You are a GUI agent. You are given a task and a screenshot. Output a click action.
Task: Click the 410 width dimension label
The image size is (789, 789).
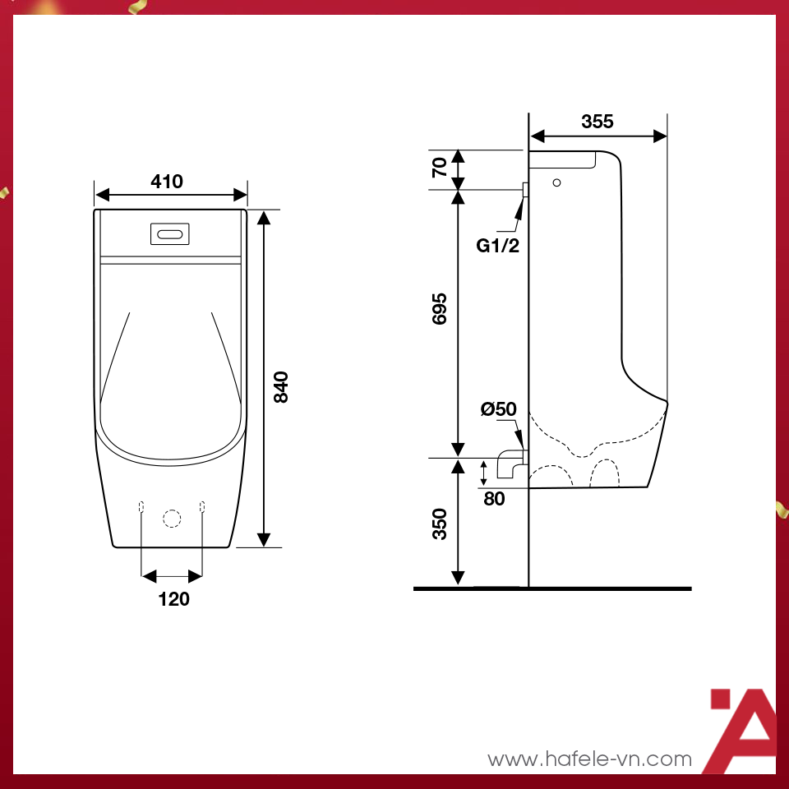[x=167, y=182]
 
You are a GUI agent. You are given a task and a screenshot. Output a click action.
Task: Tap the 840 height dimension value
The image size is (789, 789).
[x=280, y=386]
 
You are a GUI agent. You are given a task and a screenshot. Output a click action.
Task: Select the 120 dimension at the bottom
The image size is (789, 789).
[x=173, y=599]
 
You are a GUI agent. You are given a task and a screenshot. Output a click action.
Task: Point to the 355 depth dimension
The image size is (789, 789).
[x=598, y=122]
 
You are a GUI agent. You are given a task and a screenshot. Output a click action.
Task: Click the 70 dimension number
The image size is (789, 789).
[x=441, y=168]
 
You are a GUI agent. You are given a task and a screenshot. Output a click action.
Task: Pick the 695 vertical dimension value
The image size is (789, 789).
[x=441, y=308]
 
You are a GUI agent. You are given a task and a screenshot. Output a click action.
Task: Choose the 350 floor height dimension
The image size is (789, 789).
[x=441, y=524]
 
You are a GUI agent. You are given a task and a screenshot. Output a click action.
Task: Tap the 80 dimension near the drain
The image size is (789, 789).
[x=494, y=498]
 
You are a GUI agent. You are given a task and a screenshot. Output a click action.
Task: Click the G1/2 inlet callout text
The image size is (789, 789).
[x=498, y=244]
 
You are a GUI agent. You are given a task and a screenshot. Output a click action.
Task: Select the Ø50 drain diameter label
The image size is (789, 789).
[x=499, y=408]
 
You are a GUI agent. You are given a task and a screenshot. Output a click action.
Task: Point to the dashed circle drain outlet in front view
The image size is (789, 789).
[x=171, y=518]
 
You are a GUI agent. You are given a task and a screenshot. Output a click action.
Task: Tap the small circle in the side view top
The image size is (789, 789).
[x=557, y=182]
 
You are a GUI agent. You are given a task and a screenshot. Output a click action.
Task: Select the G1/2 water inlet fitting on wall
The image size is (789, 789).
[x=524, y=190]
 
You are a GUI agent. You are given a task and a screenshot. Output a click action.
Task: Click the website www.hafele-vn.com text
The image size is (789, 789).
[x=589, y=759]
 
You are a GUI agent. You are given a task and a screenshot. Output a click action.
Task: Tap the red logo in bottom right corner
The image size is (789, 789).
[x=742, y=731]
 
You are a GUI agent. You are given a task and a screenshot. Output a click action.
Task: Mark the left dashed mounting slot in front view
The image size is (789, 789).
[x=141, y=505]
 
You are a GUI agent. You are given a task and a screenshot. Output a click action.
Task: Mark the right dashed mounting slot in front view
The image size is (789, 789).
[x=201, y=505]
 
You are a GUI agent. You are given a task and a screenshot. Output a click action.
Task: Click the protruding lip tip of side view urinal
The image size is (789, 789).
[x=667, y=403]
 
